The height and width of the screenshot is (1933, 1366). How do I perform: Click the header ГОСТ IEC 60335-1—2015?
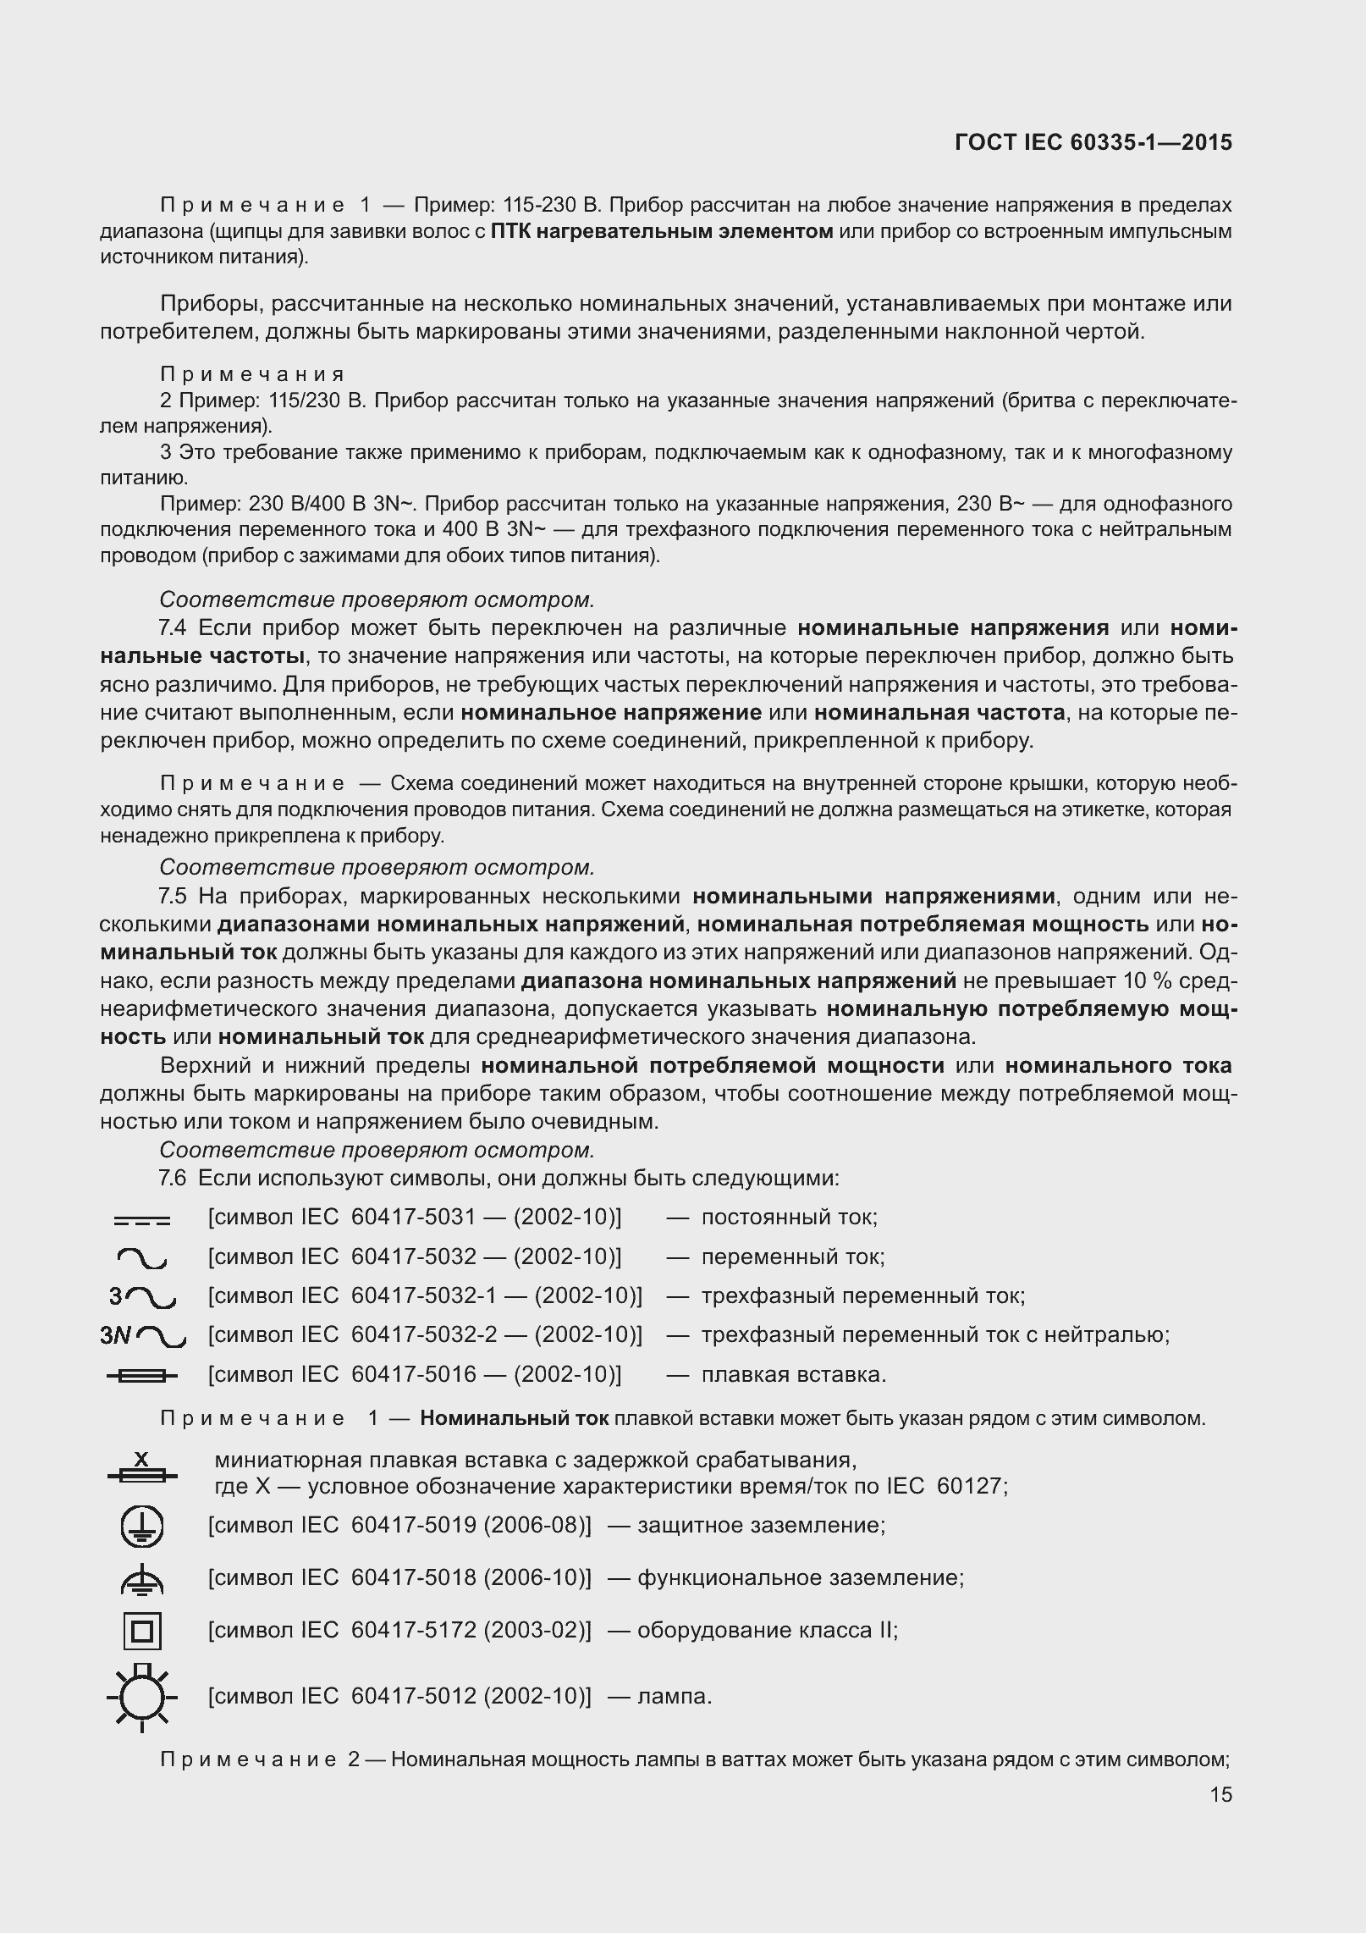pyautogui.click(x=1093, y=142)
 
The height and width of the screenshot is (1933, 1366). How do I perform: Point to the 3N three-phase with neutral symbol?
pyautogui.click(x=141, y=1336)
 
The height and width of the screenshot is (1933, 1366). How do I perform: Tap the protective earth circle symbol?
pyautogui.click(x=141, y=1527)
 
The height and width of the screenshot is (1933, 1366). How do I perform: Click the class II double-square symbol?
pyautogui.click(x=141, y=1631)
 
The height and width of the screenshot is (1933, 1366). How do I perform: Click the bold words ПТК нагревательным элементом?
pyautogui.click(x=661, y=231)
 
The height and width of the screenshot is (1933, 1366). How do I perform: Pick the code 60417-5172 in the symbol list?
pyautogui.click(x=413, y=1630)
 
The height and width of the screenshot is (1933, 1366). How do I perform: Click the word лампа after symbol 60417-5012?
pyautogui.click(x=674, y=1696)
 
